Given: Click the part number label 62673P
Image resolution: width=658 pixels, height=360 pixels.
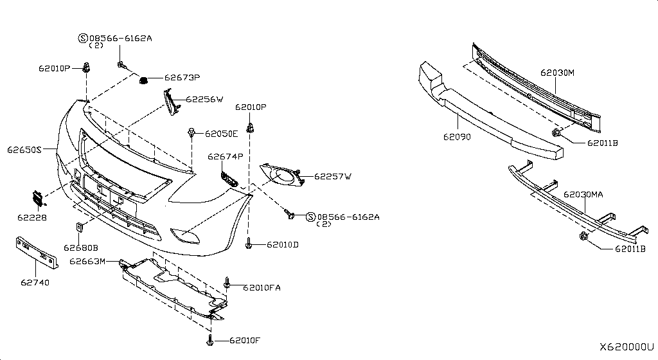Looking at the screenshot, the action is point(182,78).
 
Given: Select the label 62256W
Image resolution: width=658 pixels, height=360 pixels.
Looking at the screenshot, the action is point(204,100).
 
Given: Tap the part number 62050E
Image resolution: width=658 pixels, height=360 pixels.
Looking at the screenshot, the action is point(221,134).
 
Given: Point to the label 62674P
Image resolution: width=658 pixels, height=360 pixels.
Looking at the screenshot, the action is point(226,156).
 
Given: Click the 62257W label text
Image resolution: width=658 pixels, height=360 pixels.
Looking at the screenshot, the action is point(333,176).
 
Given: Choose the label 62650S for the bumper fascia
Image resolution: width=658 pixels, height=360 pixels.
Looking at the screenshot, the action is point(24,149).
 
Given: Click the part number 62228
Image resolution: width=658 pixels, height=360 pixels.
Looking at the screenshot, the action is point(32,217).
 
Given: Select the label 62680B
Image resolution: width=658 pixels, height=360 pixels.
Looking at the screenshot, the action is point(81,248).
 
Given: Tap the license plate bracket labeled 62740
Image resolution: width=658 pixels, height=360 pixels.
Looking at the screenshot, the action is point(37,252).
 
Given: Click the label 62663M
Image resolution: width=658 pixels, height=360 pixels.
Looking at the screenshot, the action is point(87,261).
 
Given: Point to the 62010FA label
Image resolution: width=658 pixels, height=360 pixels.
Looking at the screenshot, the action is point(262,287).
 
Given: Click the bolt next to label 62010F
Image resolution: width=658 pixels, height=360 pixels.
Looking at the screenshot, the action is point(210,340).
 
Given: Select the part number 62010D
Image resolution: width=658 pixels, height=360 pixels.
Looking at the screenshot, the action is point(283,244).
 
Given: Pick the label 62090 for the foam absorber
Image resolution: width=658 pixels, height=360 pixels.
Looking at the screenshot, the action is point(457,137).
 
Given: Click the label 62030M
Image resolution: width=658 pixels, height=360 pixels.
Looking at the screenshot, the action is point(557,73).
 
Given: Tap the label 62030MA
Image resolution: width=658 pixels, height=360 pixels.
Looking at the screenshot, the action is point(583,194).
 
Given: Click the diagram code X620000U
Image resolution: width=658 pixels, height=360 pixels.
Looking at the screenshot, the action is point(627,347).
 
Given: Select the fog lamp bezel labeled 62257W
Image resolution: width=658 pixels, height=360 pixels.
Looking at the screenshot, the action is point(281,175).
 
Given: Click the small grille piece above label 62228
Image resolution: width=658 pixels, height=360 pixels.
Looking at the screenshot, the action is point(38,197).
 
